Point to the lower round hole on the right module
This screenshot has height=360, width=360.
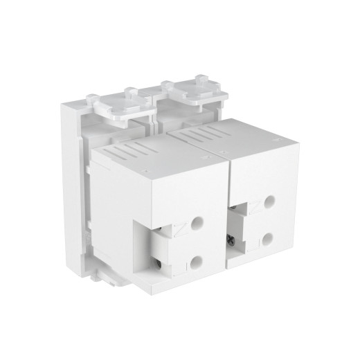click(267, 242)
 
